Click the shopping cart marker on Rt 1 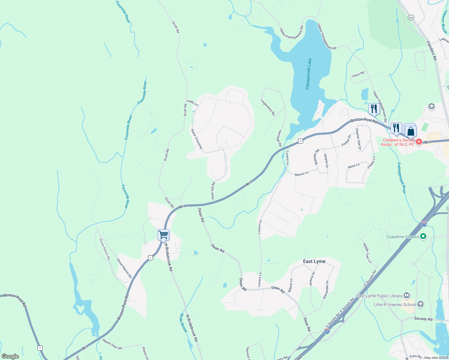point(164,235)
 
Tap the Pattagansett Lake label point(309,74)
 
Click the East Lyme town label point(314,261)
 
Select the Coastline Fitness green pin point(423,237)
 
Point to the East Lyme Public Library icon point(407,295)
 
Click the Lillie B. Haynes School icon point(420,304)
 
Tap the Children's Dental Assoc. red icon point(419,141)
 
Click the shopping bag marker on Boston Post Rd point(410,131)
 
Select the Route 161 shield point(411,18)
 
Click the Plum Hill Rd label point(213,190)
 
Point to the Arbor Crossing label point(197,139)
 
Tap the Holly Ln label point(192,103)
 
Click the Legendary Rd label point(268,107)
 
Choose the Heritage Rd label point(279,138)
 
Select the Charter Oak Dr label point(358,139)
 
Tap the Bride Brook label point(183,323)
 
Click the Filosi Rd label point(358,74)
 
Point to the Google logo point(10,356)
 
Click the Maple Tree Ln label point(367,253)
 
